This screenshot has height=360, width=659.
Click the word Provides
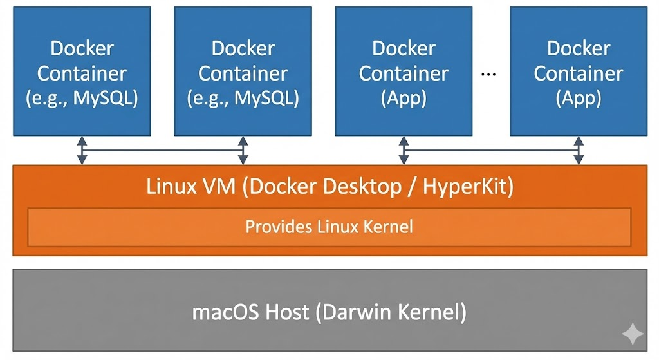click(x=274, y=227)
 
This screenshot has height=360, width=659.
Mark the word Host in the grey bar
click(x=282, y=312)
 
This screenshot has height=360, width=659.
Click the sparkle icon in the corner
click(x=633, y=334)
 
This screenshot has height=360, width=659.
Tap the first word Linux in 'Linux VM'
click(x=169, y=187)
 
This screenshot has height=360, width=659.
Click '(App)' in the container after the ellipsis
click(x=579, y=99)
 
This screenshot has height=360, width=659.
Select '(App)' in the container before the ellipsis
click(x=404, y=99)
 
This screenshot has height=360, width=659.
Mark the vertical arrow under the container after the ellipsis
click(x=579, y=150)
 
